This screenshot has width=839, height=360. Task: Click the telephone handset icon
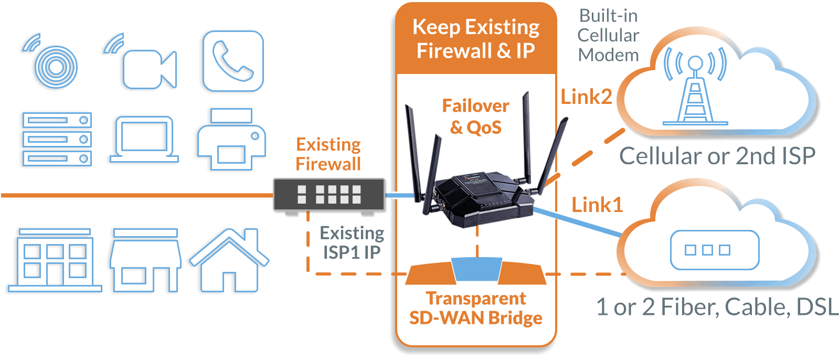pos(233,61)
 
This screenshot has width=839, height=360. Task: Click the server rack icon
pos(57,139)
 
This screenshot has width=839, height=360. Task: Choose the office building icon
pos(55,260)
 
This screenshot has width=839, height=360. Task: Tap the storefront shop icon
pos(145,260)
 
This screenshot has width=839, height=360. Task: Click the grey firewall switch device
pos(329,195)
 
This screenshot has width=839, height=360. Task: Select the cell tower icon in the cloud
pos(695,87)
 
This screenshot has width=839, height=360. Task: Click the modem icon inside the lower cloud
pos(715,250)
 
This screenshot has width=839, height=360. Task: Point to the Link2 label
pos(586,97)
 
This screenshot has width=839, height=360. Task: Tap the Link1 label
pos(597,205)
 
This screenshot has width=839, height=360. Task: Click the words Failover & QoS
pos(475,117)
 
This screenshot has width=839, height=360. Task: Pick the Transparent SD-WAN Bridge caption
pos(476,308)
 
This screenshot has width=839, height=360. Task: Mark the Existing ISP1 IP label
pos(352,242)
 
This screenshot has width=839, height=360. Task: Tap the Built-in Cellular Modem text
pos(608,35)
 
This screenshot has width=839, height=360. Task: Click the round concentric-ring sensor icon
pos(56,66)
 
